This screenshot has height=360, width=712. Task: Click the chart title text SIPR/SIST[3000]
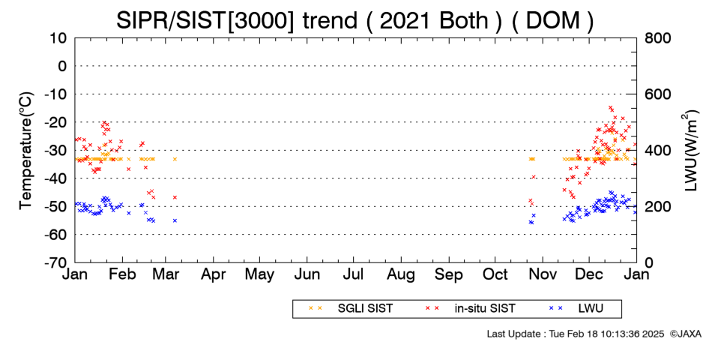point(205,21)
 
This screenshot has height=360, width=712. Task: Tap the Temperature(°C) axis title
point(26,151)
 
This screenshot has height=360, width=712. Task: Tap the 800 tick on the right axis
point(658,38)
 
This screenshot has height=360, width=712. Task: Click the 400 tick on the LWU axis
point(658,151)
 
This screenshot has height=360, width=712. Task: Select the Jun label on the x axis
point(307,274)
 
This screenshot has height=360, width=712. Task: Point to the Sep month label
point(449,274)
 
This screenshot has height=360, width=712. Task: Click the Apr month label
point(213,274)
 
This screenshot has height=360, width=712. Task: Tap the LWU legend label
point(591,309)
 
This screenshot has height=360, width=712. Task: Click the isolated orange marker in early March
point(175,159)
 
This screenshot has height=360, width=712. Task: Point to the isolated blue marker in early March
point(175,220)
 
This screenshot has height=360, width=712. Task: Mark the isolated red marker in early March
point(175,197)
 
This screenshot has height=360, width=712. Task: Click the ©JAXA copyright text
point(686,334)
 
